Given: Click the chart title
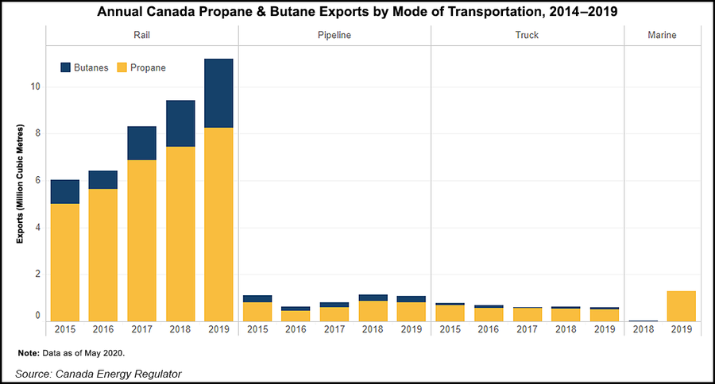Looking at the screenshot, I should tap(357, 12).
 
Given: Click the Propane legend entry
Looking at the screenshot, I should tap(141, 67).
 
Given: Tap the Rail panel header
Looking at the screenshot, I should tap(141, 36).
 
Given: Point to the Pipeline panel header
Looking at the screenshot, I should tap(334, 36).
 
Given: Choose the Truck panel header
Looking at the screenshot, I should tap(527, 36).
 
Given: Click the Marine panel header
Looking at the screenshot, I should tap(662, 36).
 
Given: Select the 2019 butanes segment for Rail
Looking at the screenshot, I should tap(218, 93).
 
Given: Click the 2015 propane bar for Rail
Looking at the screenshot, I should tap(64, 262).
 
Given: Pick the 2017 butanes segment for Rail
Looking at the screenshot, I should tap(141, 143).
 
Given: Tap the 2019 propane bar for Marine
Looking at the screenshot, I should tap(681, 305).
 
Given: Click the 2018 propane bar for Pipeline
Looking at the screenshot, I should tap(373, 311).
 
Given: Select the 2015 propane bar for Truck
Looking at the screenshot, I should tap(450, 313).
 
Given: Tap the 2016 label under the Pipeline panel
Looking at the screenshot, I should tap(296, 329).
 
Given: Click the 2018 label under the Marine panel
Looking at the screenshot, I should tap(643, 329).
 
